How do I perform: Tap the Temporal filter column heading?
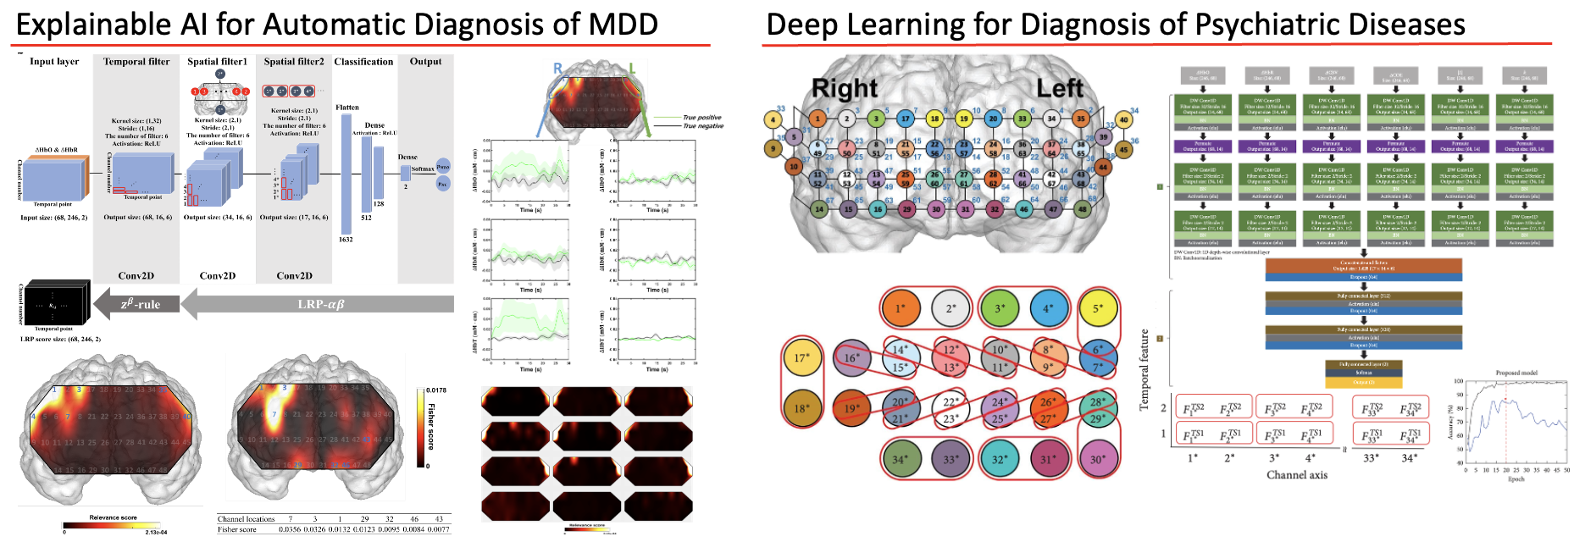tap(136, 62)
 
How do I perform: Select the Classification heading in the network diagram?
tap(363, 62)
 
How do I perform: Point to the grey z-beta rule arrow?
tap(136, 304)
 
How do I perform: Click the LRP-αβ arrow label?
tap(321, 304)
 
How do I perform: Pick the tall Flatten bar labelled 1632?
tap(346, 174)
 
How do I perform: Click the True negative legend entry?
tap(703, 126)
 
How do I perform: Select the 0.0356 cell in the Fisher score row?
tap(290, 529)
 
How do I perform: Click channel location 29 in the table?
tap(364, 519)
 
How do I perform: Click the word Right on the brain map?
tap(845, 88)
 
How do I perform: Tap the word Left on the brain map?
tap(1059, 88)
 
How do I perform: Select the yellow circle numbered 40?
tap(1123, 119)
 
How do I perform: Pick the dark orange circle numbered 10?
tap(794, 167)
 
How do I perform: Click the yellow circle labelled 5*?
tap(1098, 309)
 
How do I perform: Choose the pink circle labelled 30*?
tap(1098, 460)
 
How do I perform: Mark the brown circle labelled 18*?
tap(801, 408)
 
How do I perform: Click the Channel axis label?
tap(1296, 475)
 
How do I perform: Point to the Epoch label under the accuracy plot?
tap(1516, 479)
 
